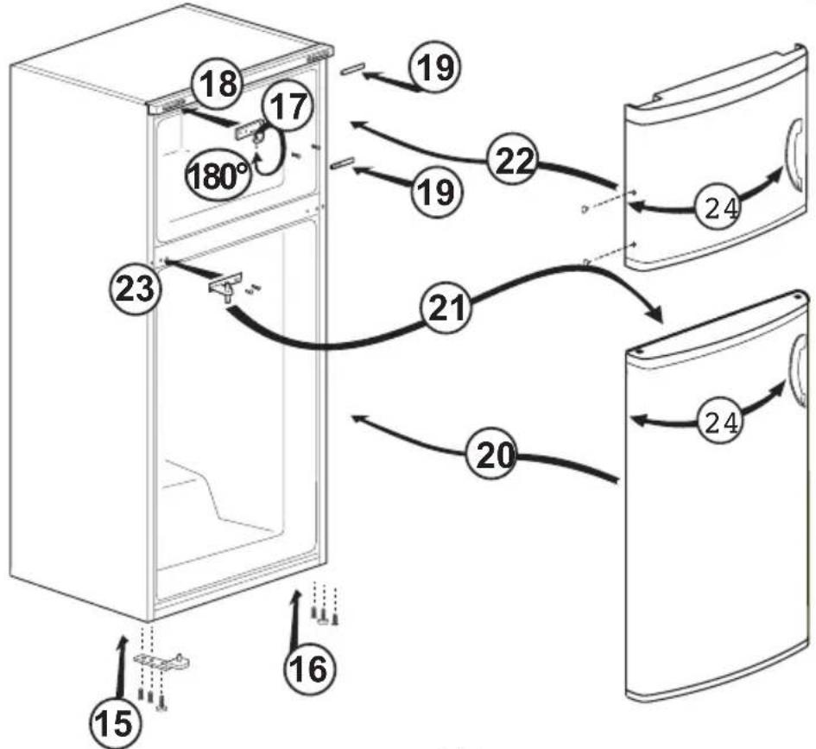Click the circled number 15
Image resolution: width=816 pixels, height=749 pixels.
(x=116, y=723)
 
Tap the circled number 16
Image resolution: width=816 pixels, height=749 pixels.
(x=310, y=669)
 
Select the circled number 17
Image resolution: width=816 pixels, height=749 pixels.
(x=288, y=108)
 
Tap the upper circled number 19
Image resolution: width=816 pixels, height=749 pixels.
(x=435, y=67)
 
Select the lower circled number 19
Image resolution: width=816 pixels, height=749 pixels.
(x=436, y=192)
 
